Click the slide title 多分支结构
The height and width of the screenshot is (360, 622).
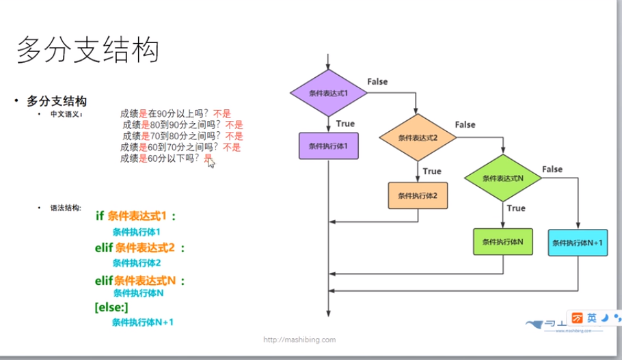[x=88, y=51]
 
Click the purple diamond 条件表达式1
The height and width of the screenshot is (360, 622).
[x=329, y=93]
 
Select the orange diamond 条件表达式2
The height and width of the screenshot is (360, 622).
[x=417, y=137]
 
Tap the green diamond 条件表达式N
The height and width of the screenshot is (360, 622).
[x=502, y=178]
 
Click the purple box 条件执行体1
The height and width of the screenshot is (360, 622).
[x=329, y=146]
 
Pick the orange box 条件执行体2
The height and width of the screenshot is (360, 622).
[x=417, y=196]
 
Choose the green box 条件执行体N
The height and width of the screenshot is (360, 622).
[x=502, y=241]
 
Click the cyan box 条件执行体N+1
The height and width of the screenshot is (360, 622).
[x=578, y=243]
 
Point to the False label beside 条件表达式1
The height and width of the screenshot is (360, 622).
[x=377, y=82]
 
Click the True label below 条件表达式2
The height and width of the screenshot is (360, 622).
[x=432, y=171]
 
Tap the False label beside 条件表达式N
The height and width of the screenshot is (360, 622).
[x=552, y=169]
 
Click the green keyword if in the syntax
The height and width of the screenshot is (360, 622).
[x=100, y=216]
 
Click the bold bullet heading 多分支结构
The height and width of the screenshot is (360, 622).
[x=57, y=101]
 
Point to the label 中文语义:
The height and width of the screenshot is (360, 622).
[x=66, y=114]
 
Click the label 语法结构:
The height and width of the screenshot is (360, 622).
[x=66, y=207]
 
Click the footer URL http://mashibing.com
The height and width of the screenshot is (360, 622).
[x=299, y=339]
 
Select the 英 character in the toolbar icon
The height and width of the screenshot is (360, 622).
[x=592, y=318]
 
